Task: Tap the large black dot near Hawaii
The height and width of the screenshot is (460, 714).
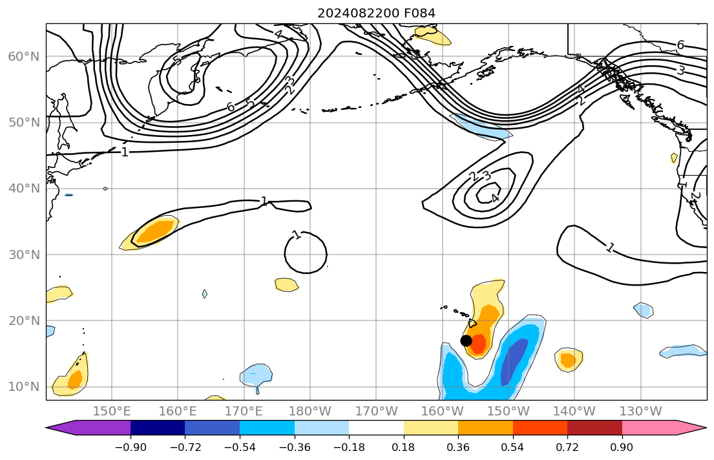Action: pos(466,340)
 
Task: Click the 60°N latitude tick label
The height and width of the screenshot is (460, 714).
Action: pos(23,57)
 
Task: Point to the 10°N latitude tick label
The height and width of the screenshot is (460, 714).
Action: pos(23,387)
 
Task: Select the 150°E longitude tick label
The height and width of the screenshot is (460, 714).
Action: pos(112,411)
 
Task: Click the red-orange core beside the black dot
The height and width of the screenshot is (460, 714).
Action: pos(478,344)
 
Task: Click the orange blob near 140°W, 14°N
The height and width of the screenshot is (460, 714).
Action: pos(567,359)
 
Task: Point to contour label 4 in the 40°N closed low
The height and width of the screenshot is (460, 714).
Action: pos(495,198)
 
